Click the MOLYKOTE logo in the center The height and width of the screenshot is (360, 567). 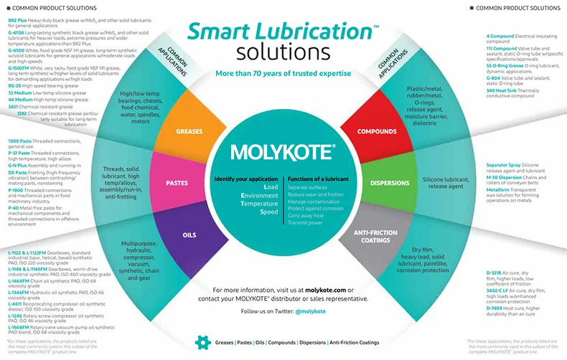pos(283,152)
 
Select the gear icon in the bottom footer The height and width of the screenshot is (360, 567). pos(202,343)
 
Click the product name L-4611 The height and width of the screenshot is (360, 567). pos(17,303)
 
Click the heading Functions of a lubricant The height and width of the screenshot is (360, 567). pos(319,178)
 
